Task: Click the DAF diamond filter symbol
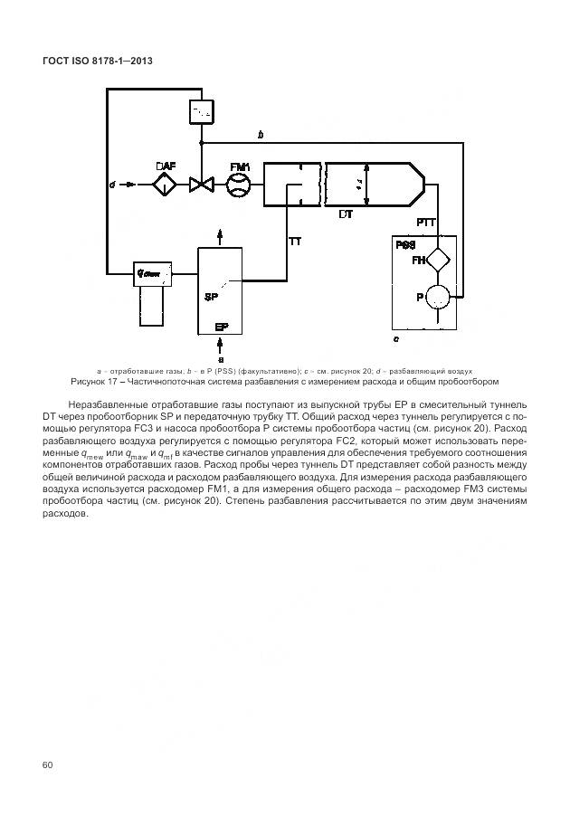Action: (166, 185)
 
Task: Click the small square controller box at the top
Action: (201, 111)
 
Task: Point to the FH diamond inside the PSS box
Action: (438, 260)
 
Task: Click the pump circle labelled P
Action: (439, 296)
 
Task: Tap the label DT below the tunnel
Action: (346, 215)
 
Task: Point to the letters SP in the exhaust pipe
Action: (211, 297)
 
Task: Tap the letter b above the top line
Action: (261, 135)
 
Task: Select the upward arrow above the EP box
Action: (220, 235)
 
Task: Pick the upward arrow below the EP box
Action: (220, 344)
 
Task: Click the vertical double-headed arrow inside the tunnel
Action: (366, 185)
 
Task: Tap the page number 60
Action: (48, 765)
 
